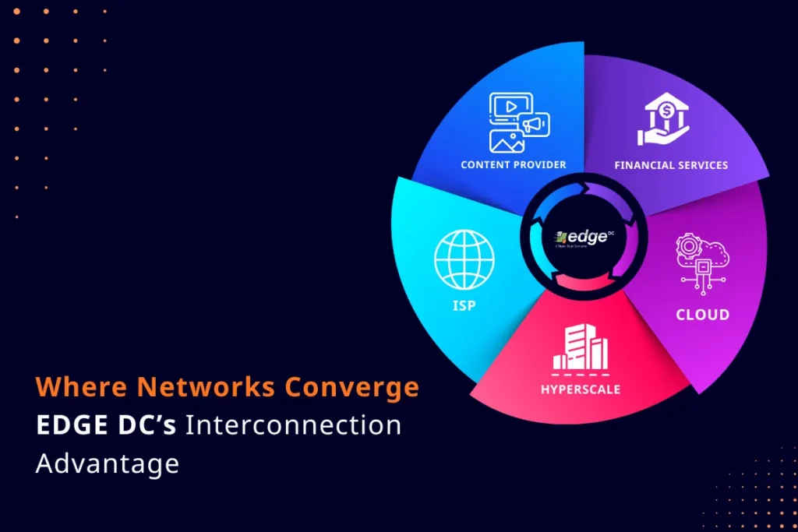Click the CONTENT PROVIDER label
514,164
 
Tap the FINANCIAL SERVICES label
671,165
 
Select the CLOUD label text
703,315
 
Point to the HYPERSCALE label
581,389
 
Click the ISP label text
464,306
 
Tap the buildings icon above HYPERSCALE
580,348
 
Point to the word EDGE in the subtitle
69,425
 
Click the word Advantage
107,463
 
